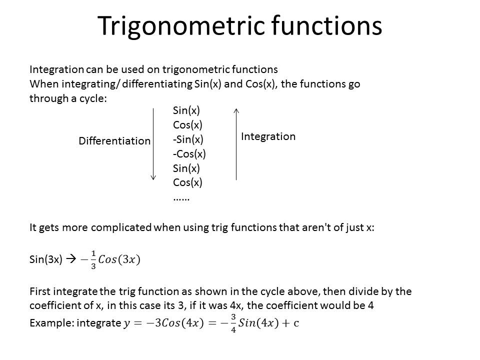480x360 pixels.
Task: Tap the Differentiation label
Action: (114, 141)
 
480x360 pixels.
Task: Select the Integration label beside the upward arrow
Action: (268, 136)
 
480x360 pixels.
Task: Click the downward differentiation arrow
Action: (153, 144)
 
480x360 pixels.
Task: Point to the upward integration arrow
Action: (236, 144)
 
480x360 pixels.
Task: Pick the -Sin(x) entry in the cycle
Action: (188, 139)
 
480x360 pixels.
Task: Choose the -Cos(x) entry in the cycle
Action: (189, 153)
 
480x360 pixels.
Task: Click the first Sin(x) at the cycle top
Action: (186, 110)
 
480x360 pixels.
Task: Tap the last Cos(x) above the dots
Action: (187, 182)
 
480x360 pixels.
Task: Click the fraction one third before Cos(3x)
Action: (93, 259)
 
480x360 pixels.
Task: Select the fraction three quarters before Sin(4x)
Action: (233, 323)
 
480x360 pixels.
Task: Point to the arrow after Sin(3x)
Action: (71, 259)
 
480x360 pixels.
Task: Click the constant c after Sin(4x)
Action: (296, 323)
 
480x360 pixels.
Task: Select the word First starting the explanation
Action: (40, 291)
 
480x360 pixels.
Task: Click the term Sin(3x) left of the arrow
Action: (46, 259)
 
